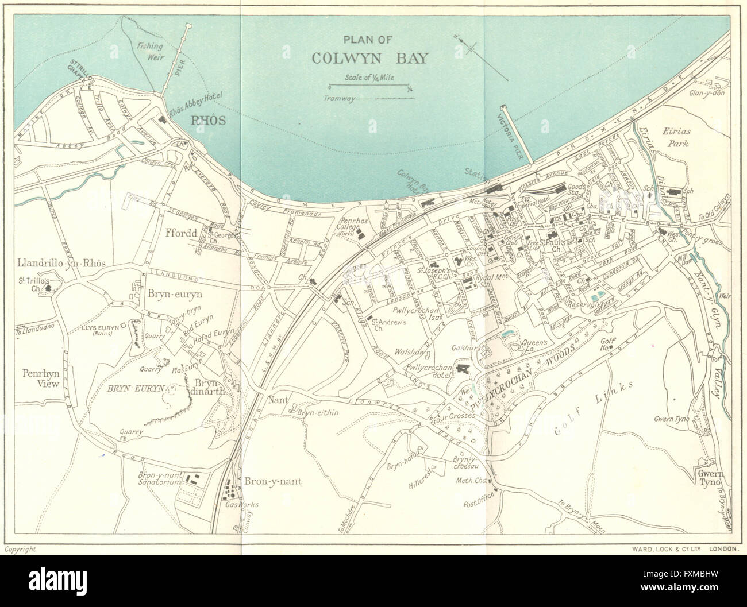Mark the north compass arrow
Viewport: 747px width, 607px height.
pyautogui.click(x=467, y=44)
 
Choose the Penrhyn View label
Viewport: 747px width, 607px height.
pyautogui.click(x=40, y=380)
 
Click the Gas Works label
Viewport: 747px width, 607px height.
pyautogui.click(x=247, y=504)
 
